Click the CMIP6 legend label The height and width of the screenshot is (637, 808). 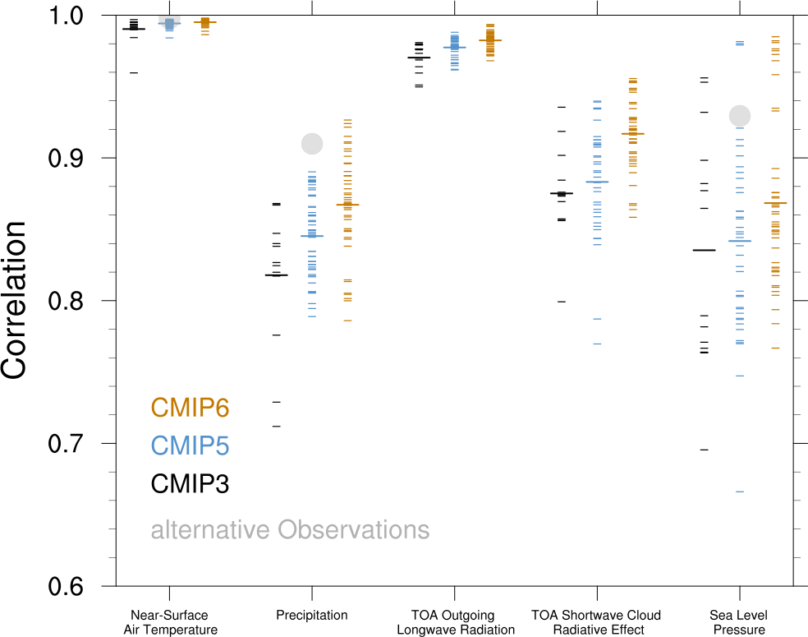pyautogui.click(x=190, y=407)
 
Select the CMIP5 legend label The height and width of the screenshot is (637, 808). pyautogui.click(x=190, y=445)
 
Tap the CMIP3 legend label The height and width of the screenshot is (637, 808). pyautogui.click(x=190, y=484)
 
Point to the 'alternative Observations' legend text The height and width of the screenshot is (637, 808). pyautogui.click(x=290, y=529)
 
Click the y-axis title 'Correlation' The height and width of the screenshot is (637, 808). pyautogui.click(x=15, y=300)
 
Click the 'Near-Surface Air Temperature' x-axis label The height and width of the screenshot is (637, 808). pyautogui.click(x=169, y=622)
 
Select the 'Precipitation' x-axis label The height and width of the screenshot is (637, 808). pyautogui.click(x=312, y=615)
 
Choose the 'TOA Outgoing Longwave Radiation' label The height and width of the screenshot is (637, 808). pyautogui.click(x=455, y=622)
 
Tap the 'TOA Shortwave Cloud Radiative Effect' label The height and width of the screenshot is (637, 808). pyautogui.click(x=596, y=622)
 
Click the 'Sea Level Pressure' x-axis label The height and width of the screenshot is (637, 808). pyautogui.click(x=739, y=622)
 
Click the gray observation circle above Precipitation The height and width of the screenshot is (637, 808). pyautogui.click(x=312, y=144)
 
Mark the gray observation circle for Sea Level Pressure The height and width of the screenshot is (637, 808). pyautogui.click(x=740, y=116)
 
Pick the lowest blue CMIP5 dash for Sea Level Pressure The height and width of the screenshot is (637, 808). pyautogui.click(x=740, y=492)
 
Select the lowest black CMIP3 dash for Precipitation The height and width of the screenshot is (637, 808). pyautogui.click(x=277, y=426)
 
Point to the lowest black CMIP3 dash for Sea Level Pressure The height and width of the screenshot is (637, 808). pyautogui.click(x=704, y=450)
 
